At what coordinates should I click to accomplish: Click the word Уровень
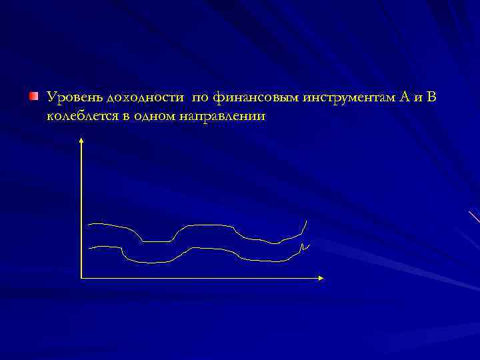tap(70, 99)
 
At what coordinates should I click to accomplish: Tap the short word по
tap(199, 99)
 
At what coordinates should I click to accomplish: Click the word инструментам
tap(349, 99)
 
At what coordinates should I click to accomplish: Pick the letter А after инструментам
tap(404, 98)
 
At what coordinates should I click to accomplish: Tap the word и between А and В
tap(417, 99)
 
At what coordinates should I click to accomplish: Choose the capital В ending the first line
tap(431, 98)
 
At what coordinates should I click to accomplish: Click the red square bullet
tap(34, 98)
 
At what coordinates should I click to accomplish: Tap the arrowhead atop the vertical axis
tap(81, 141)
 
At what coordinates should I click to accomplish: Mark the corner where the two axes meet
tap(81, 277)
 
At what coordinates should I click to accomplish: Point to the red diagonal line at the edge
tap(474, 216)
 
